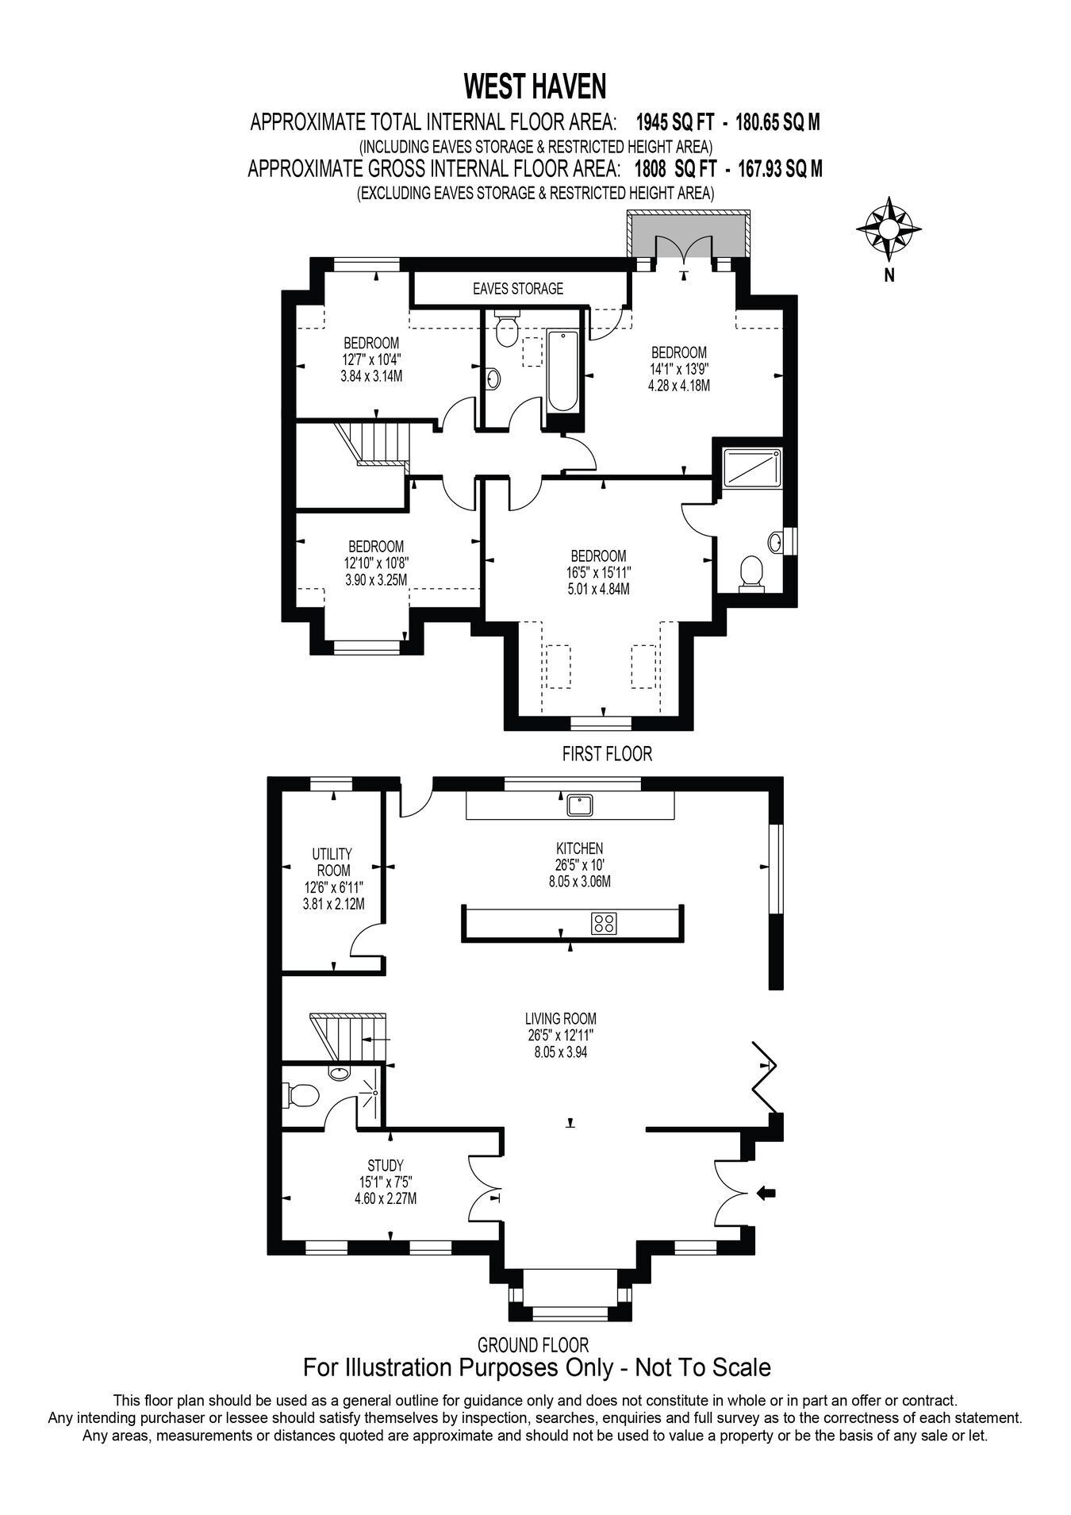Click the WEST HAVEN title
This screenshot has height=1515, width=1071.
coord(535,84)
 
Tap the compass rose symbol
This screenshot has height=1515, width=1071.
coord(889,229)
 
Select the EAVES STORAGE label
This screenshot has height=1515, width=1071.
coord(517,289)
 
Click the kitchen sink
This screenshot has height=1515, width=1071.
coord(581,805)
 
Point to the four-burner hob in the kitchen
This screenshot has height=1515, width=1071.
coord(604,923)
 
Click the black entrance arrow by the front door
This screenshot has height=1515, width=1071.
coord(767,1192)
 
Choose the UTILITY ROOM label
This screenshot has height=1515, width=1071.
coord(332,862)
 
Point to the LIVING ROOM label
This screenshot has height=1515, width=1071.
coord(560,1018)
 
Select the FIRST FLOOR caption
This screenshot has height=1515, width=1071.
coord(607,754)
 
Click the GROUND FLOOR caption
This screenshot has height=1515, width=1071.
coord(533,1344)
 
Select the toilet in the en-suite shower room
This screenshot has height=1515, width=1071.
coord(750,573)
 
